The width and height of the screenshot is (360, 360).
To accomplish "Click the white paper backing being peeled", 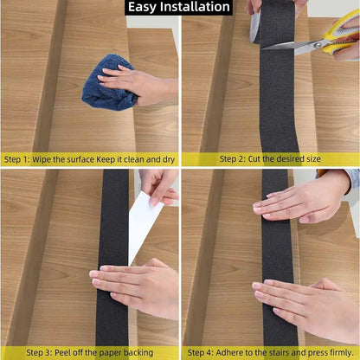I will click(x=142, y=221).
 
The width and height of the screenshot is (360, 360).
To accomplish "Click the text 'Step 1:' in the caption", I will click(x=19, y=159).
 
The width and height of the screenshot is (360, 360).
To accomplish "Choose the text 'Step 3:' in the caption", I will click(x=42, y=352).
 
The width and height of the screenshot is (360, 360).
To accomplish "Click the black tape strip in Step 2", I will click(x=278, y=95).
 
